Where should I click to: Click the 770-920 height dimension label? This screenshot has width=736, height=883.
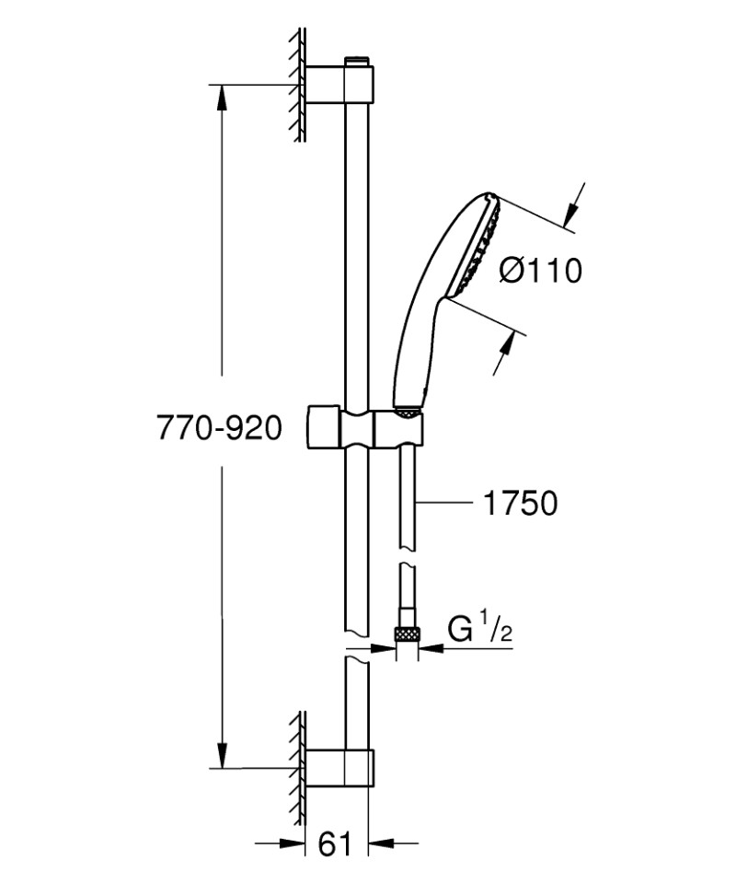(x=219, y=427)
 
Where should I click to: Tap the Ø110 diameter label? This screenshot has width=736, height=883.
(x=540, y=271)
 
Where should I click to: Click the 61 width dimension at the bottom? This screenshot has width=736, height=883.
(x=335, y=843)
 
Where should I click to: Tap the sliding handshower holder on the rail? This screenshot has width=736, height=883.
(x=368, y=429)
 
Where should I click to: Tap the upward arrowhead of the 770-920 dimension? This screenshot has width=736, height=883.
(x=221, y=98)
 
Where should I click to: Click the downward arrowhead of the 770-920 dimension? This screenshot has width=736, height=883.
(x=221, y=755)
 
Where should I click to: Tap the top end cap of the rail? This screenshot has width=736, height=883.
(x=357, y=62)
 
